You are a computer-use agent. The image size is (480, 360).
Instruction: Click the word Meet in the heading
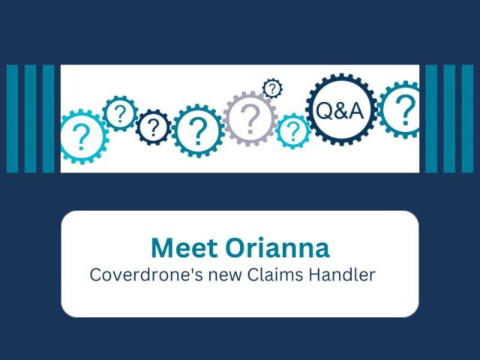[184, 248]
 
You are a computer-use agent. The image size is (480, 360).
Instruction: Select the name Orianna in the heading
[277, 248]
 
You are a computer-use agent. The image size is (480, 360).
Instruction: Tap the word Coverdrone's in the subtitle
[146, 274]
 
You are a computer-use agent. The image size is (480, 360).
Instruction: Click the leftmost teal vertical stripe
[12, 118]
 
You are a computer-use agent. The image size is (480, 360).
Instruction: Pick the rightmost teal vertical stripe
[467, 118]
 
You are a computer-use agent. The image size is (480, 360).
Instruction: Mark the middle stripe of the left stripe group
[30, 118]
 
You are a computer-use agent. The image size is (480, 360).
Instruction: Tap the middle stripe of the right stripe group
[449, 118]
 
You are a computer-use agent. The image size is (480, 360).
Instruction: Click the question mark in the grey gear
[250, 118]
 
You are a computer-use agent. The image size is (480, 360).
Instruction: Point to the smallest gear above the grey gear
[272, 88]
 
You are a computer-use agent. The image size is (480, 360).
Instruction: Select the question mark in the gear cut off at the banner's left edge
[81, 137]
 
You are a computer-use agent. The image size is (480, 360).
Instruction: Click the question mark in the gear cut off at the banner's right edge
[406, 109]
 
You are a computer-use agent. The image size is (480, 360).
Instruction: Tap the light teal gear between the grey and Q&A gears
[293, 130]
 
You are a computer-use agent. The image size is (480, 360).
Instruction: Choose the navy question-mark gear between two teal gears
[153, 127]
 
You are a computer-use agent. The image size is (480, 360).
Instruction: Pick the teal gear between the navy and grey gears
[198, 131]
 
